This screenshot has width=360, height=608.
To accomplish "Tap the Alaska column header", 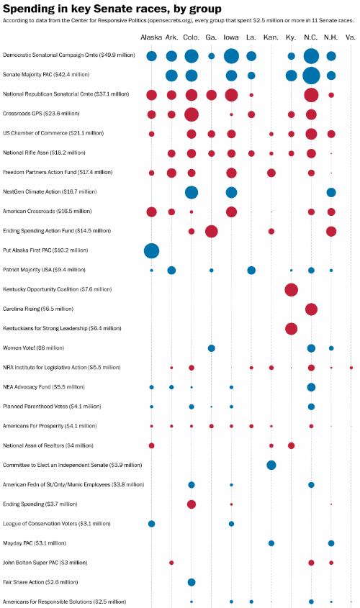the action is click(x=151, y=37).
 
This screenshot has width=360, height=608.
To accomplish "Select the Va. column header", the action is click(x=351, y=37).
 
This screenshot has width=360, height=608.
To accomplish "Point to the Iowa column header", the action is click(x=231, y=37).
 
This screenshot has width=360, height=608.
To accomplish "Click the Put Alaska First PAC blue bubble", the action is click(x=151, y=251).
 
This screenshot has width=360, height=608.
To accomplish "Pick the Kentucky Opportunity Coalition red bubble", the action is click(x=292, y=290).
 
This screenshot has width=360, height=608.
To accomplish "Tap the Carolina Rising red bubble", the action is click(x=311, y=309).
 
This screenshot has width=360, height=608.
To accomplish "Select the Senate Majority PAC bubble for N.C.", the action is click(x=311, y=76).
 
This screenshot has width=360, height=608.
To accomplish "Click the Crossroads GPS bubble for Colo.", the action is click(x=192, y=114).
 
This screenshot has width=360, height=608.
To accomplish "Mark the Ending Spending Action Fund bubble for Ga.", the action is click(x=212, y=232).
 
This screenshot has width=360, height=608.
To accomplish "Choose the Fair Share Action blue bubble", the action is click(x=192, y=582).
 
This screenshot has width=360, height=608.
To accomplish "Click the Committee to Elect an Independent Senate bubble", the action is click(x=271, y=465).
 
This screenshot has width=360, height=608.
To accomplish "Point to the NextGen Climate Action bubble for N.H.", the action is click(x=331, y=192).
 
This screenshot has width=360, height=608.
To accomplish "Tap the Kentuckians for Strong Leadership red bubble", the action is click(x=292, y=329).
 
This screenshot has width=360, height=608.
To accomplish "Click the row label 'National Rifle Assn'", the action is click(x=26, y=153).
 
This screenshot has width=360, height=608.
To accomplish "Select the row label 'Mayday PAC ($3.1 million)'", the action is click(x=34, y=543).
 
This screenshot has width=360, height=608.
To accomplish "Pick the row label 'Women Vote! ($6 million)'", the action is click(x=33, y=348).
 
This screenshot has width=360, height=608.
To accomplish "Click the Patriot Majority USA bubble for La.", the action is click(x=251, y=271).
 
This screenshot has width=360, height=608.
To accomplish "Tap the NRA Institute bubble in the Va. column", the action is click(x=351, y=368).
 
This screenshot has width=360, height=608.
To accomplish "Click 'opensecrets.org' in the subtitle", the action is click(x=169, y=21).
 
